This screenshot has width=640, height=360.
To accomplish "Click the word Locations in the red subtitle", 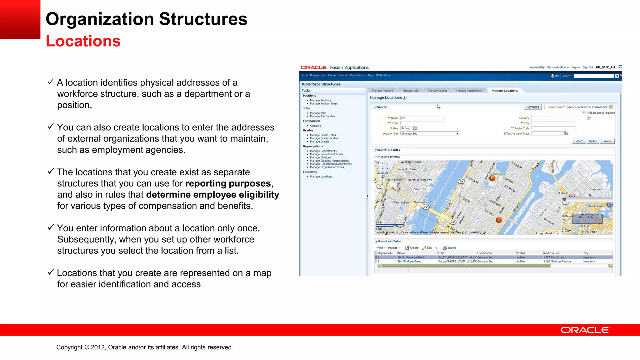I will pyautogui.click(x=83, y=41).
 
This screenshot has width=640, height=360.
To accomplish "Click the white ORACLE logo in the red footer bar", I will pyautogui.click(x=585, y=330).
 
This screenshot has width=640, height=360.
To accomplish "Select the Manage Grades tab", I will pyautogui.click(x=437, y=91).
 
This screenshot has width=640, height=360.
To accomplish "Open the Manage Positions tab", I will pyautogui.click(x=382, y=91).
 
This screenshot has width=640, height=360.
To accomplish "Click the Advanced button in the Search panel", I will pyautogui.click(x=532, y=107).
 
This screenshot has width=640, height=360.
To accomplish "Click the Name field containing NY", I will pyautogui.click(x=422, y=118).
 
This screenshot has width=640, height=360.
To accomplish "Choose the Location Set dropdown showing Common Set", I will pyautogui.click(x=430, y=133).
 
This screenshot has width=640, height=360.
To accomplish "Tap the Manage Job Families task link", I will pyautogui.click(x=322, y=116).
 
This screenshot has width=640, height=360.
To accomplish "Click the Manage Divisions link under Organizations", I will pyautogui.click(x=320, y=157).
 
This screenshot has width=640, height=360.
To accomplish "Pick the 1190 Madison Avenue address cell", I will pyautogui.click(x=557, y=262).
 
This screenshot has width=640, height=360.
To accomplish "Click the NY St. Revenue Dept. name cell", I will pyautogui.click(x=411, y=257).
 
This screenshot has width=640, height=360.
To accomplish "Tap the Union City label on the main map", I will pyautogui.click(x=418, y=189).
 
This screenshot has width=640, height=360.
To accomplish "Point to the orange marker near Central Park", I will pyautogui.click(x=492, y=178).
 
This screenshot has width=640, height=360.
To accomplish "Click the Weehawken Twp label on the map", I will pyautogui.click(x=424, y=202).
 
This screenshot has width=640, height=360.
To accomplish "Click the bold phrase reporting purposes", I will pyautogui.click(x=228, y=183).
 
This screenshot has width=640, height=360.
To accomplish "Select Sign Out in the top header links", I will pyautogui.click(x=588, y=67).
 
